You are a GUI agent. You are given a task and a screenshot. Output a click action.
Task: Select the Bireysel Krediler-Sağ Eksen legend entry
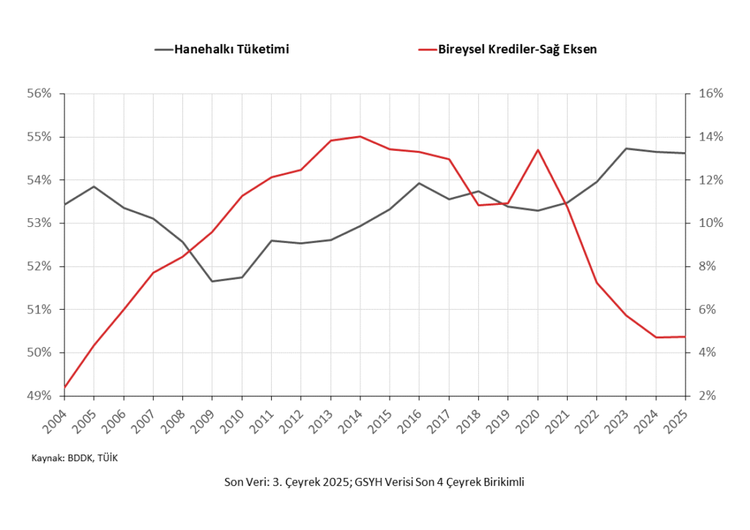pyautogui.click(x=517, y=50)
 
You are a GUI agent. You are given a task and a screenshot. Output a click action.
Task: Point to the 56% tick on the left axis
pyautogui.click(x=40, y=94)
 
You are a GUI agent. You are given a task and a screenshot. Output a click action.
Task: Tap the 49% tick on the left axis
pyautogui.click(x=40, y=396)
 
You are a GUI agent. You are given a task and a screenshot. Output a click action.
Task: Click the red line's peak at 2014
pyautogui.click(x=360, y=136)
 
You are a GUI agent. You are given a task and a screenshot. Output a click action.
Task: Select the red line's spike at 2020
pyautogui.click(x=538, y=150)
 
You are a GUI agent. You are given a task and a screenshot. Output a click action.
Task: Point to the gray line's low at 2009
pyautogui.click(x=212, y=281)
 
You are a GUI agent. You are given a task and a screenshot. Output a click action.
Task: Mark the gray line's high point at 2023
pyautogui.click(x=626, y=149)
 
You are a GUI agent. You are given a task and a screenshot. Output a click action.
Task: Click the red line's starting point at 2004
pyautogui.click(x=64, y=387)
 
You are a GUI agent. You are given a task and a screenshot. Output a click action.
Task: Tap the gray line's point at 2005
pyautogui.click(x=94, y=187)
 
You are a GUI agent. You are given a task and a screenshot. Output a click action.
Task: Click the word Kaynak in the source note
pyautogui.click(x=46, y=458)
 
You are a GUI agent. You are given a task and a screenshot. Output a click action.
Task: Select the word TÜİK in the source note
pyautogui.click(x=107, y=458)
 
